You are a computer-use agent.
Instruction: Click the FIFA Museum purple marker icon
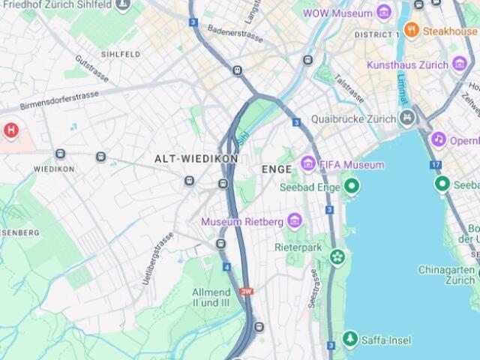(307, 163)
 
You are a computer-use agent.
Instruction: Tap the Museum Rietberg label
(241, 221)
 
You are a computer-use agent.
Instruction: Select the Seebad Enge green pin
(351, 186)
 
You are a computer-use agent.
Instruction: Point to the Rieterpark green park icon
(338, 257)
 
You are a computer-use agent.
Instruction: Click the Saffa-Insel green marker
(349, 340)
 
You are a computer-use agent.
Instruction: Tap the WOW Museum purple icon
(384, 13)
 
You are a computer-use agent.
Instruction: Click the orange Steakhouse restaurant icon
(411, 31)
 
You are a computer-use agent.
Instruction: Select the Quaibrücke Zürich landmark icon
(406, 118)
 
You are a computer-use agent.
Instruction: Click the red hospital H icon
(11, 130)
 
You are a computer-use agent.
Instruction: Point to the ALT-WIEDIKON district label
(196, 159)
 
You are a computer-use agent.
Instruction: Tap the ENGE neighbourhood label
(276, 169)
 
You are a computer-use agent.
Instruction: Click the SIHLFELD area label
(121, 55)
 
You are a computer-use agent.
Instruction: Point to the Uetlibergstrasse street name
(157, 258)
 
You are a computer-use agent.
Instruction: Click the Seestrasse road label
(313, 289)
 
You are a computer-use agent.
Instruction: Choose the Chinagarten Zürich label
(447, 274)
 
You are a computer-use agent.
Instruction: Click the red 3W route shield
(246, 291)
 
